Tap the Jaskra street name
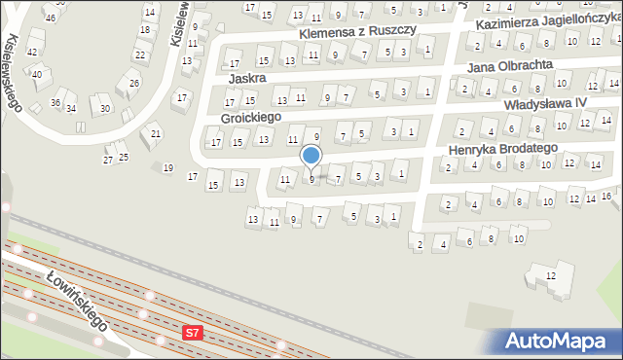pos(247,77)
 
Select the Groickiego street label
pos(250,117)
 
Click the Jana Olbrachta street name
pos(509,65)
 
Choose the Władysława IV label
pos(545,103)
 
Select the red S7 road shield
pos(193,333)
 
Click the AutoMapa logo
pos(559,341)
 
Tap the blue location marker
pos(311,155)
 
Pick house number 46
pos(50,18)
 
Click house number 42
pos(32,52)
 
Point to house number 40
pos(37,74)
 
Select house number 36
pos(55,103)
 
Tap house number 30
pos(104,108)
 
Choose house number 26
pos(134,83)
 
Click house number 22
pos(140,55)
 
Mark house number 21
pos(156,133)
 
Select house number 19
pos(167,168)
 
